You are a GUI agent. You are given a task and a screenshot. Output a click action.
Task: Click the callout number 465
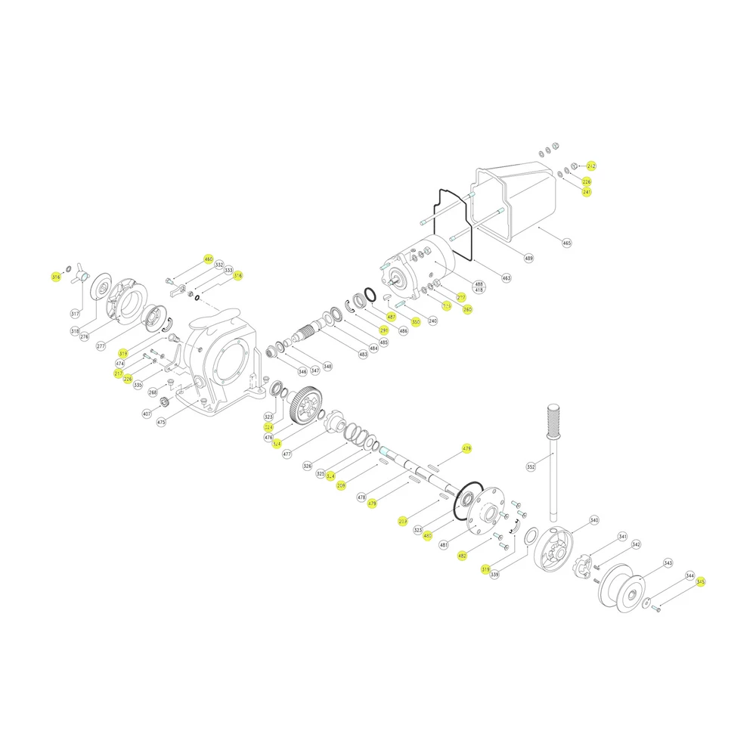coord(567,243)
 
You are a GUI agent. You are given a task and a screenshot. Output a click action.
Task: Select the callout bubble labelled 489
coord(528,259)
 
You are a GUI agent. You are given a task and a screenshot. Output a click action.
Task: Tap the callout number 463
coord(506,278)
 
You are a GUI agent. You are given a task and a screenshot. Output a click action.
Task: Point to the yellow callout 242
coord(591,166)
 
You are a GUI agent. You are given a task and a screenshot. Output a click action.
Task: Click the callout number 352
coord(531,467)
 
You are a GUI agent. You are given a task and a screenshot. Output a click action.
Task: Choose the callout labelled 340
coord(594,520)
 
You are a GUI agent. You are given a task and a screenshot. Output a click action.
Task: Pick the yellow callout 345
coord(701,581)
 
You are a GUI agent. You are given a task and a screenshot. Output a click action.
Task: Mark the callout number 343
coord(668,562)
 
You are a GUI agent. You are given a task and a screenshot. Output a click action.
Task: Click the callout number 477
coord(287,454)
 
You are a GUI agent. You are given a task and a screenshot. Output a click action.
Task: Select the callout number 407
coord(147,414)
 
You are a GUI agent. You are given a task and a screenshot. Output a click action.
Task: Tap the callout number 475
coord(161,423)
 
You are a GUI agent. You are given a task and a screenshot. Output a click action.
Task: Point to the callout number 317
coord(75,313)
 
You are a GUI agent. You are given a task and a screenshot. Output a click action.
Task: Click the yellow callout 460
coord(209,259)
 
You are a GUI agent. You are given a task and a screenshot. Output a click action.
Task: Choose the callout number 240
coord(432,321)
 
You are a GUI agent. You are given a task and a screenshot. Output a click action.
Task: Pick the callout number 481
coord(444,544)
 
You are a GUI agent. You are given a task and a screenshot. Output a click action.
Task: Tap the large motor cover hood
coord(522,197)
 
